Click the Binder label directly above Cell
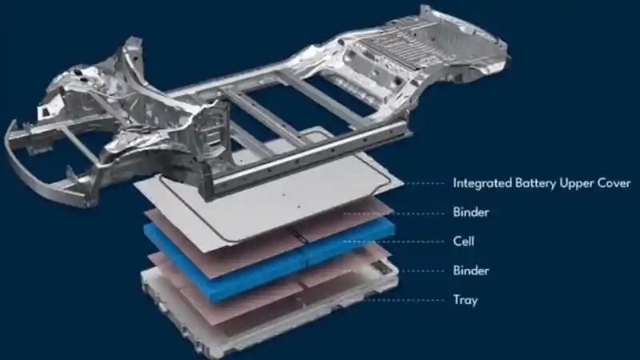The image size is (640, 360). [x=470, y=212]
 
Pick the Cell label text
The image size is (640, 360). [x=464, y=242]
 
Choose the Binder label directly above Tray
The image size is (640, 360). [x=470, y=270]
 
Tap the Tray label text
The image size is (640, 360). [x=466, y=300]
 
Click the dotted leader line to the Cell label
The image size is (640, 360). [x=393, y=242]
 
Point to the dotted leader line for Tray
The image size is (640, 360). [x=404, y=301]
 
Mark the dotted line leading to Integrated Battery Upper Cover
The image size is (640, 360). [x=424, y=184]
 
